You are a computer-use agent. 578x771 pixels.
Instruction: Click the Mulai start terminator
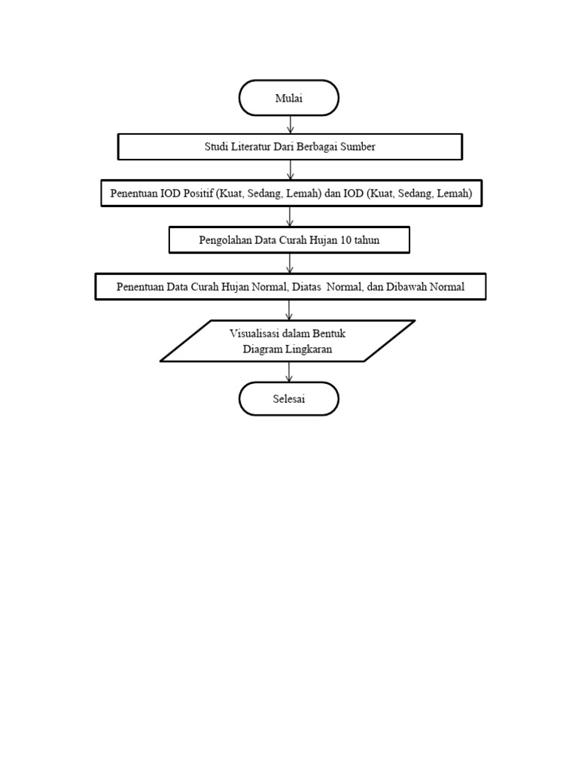[289, 98]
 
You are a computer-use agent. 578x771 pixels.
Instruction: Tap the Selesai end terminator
[289, 399]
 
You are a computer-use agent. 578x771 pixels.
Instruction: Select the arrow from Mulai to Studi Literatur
[290, 124]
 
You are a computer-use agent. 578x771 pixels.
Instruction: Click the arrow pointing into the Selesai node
[290, 372]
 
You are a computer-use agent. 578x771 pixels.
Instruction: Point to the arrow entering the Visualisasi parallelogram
[290, 309]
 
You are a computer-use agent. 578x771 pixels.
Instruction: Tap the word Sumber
[357, 147]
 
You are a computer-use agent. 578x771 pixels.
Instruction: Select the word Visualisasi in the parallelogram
[257, 333]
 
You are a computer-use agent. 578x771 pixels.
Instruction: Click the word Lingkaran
[308, 349]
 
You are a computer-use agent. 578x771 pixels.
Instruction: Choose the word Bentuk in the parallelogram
[329, 333]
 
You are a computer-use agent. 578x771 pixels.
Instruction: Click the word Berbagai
[315, 147]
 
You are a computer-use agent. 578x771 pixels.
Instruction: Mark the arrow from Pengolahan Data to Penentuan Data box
[290, 263]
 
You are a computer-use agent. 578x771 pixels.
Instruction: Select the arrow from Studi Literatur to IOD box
[290, 170]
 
